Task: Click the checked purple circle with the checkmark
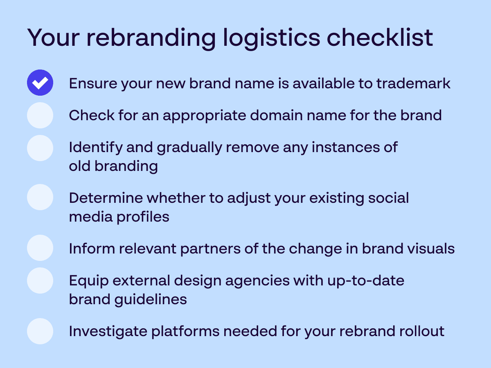[40, 83]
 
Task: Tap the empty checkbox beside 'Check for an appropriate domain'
[40, 115]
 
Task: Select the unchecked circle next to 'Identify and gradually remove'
[40, 148]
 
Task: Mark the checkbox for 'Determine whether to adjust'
[40, 197]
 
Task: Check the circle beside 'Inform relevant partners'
[40, 248]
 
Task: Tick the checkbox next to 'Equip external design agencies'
[40, 280]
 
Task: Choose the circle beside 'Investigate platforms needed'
[40, 331]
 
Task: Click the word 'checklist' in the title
[380, 37]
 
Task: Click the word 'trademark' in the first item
[413, 83]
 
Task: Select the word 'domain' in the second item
[277, 115]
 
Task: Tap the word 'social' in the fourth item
[389, 198]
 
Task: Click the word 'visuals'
[431, 249]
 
